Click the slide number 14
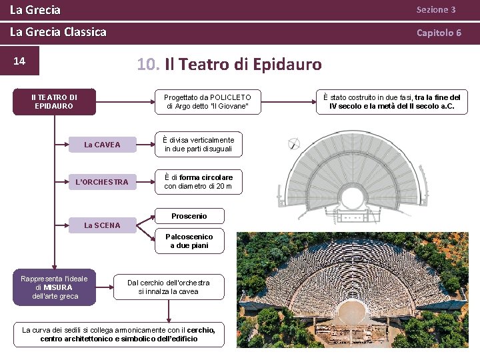coord(19,61)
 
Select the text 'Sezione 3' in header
coord(436,10)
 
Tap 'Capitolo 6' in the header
coord(439,33)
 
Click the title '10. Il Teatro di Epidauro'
coord(229,64)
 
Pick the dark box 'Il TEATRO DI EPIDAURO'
coord(55,101)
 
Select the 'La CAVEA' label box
coord(102,145)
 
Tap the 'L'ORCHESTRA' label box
coord(102,182)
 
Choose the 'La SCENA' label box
coord(102,225)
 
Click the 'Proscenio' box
coord(189,216)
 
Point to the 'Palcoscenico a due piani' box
coord(189,241)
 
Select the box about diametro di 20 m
coord(198,182)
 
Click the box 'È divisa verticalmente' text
coord(198,145)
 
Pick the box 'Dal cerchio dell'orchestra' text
coord(168,287)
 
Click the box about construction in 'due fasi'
coord(392,101)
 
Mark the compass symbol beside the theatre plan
coord(293,143)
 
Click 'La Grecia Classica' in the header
coord(58,32)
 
